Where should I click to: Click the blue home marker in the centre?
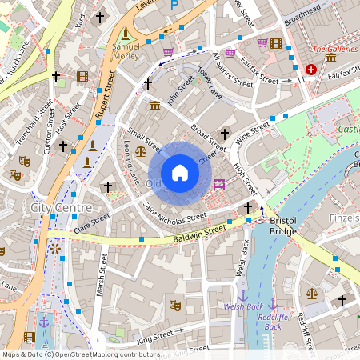(180, 173)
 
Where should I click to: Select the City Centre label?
(56, 208)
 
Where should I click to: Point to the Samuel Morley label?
(126, 51)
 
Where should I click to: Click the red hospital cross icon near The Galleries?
(311, 70)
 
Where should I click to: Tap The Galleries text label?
(334, 49)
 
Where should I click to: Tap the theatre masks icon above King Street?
(175, 305)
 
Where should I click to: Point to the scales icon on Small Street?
(141, 150)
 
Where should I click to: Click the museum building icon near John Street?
(155, 106)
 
